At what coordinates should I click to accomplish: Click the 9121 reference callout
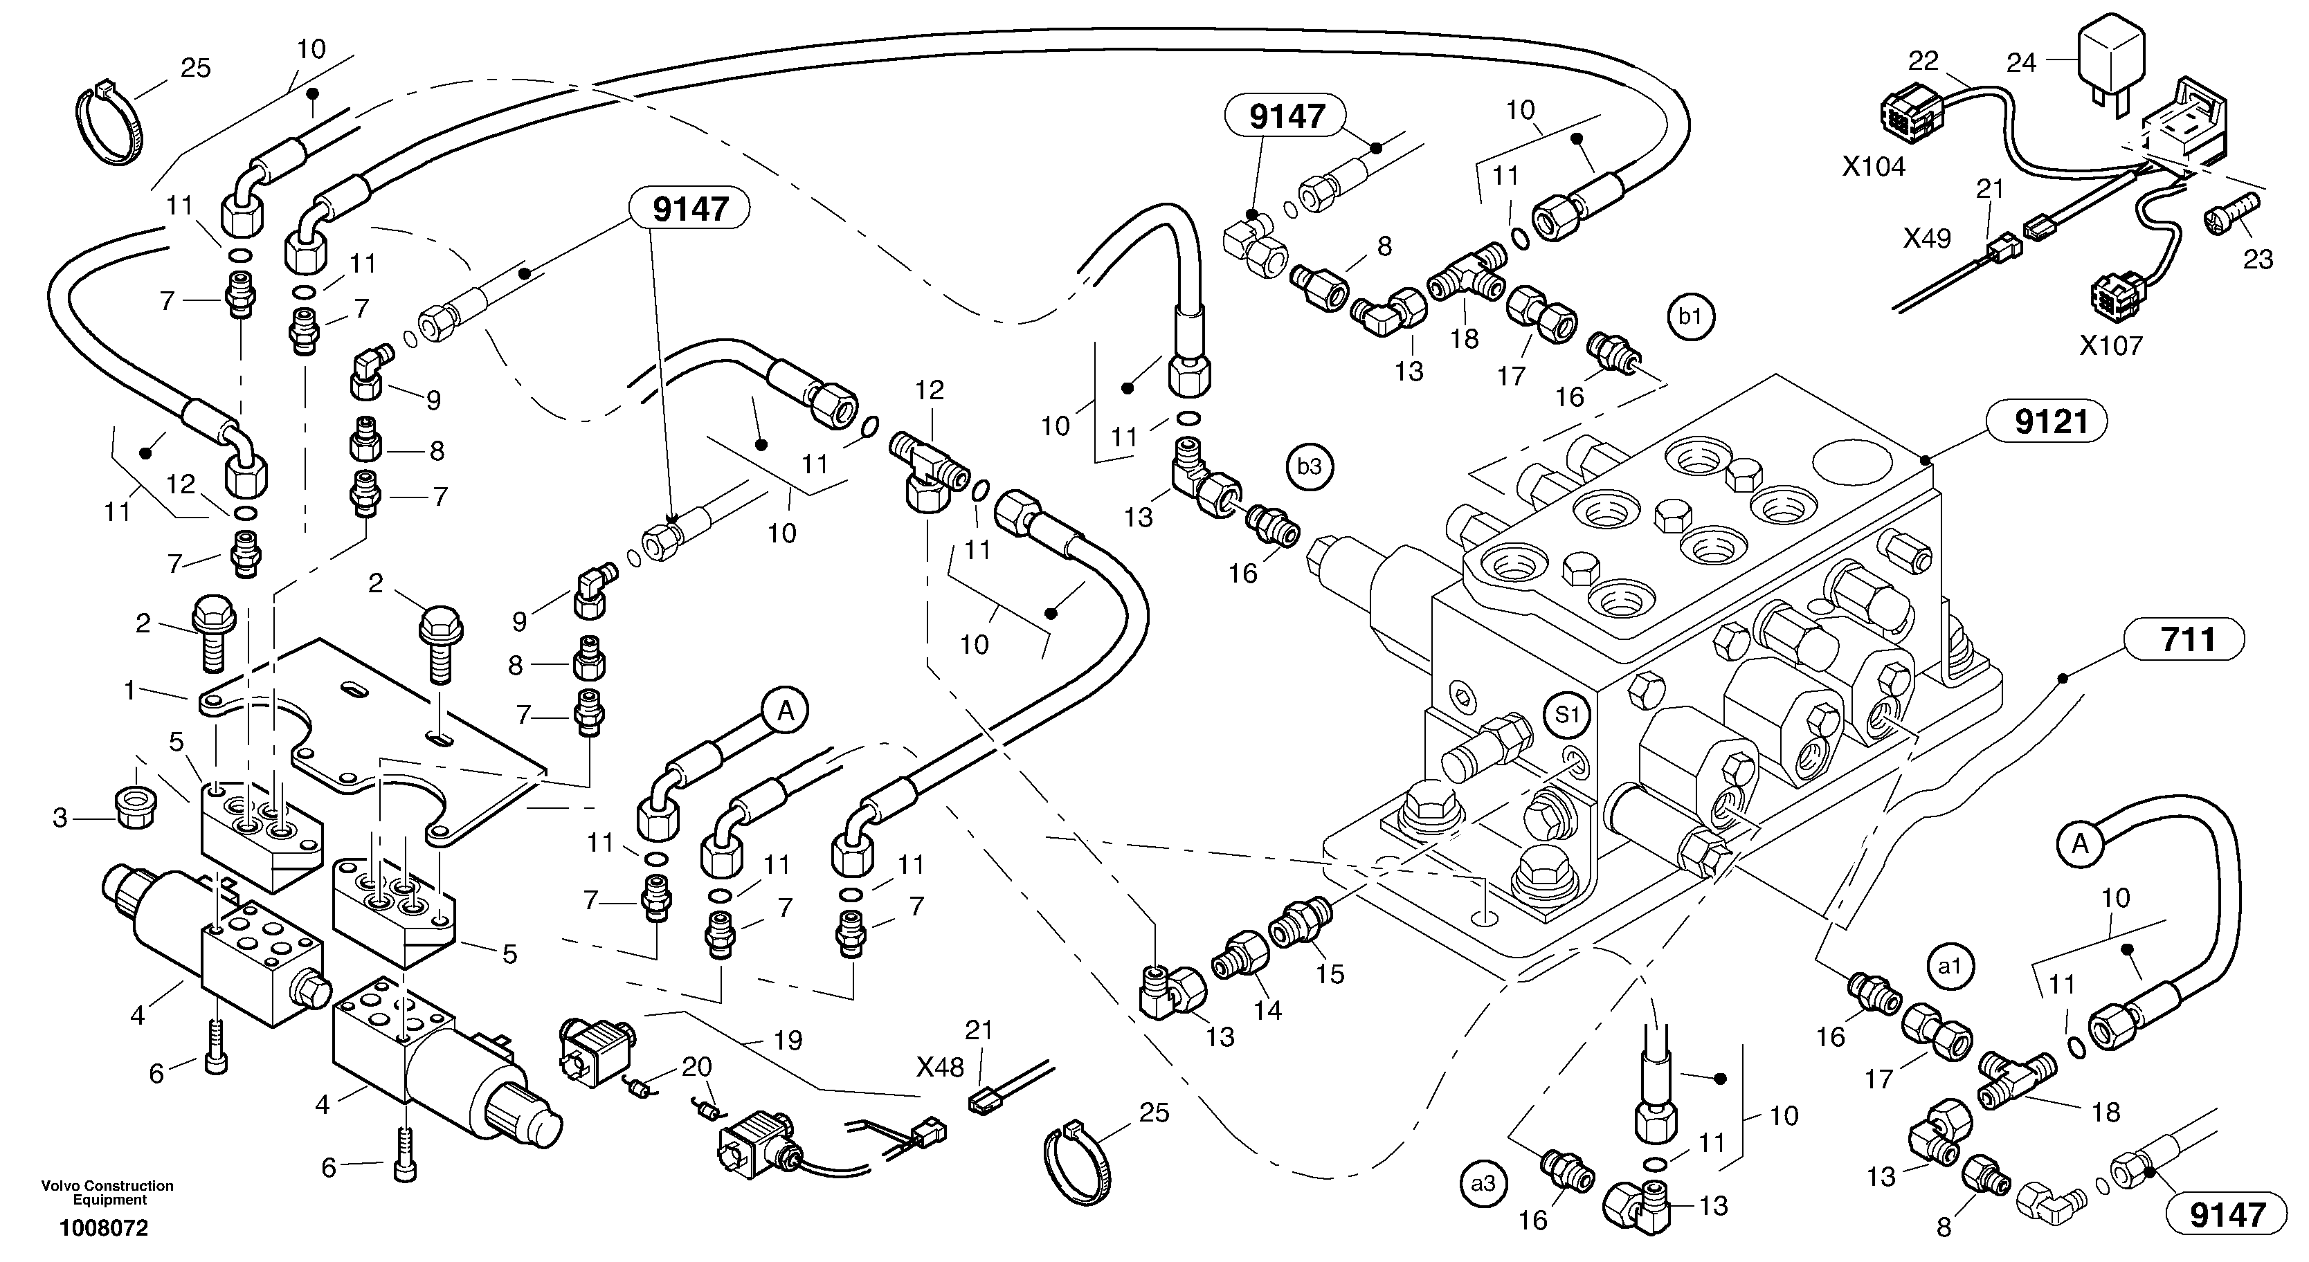click(x=2051, y=422)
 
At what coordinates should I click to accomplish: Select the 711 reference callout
click(x=2187, y=641)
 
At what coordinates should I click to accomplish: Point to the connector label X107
click(x=2110, y=345)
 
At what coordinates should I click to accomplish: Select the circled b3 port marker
click(x=1310, y=466)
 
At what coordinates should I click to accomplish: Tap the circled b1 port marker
click(x=1690, y=318)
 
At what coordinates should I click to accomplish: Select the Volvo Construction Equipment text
click(x=107, y=1192)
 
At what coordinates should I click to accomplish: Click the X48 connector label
click(x=939, y=1067)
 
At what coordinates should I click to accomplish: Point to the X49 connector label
click(x=1927, y=239)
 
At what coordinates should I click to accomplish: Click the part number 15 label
click(x=1330, y=974)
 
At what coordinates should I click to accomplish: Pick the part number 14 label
click(x=1267, y=1010)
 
